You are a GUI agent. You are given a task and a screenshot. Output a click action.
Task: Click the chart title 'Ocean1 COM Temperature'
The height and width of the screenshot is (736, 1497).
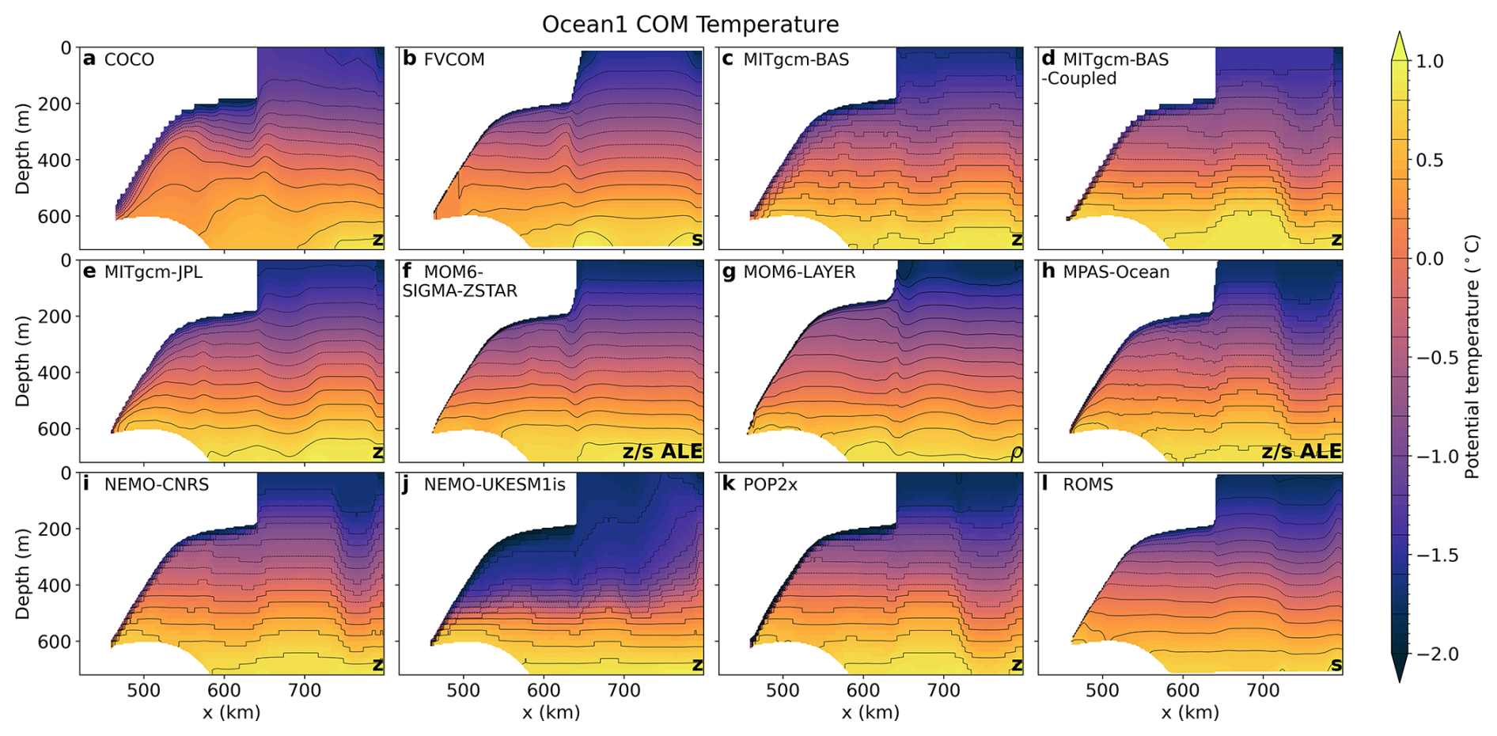690,25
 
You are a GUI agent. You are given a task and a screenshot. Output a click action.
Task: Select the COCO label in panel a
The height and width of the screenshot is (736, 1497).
129,60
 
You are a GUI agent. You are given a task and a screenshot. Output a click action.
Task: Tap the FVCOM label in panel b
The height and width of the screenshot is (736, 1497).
453,60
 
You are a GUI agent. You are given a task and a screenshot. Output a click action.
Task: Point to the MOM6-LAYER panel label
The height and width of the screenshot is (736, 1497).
799,272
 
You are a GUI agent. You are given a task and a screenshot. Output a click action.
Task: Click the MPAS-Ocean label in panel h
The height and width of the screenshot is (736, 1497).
1116,272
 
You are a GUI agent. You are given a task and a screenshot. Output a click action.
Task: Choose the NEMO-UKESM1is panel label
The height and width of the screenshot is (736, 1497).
495,484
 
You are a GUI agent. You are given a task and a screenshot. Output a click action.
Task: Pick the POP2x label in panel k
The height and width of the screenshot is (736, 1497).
770,484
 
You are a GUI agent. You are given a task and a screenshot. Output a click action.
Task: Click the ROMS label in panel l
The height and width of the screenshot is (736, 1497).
1088,484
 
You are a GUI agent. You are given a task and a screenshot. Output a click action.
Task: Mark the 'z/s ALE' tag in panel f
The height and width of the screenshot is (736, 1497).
662,452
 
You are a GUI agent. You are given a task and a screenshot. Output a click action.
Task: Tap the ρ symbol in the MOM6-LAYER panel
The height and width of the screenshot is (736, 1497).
1016,453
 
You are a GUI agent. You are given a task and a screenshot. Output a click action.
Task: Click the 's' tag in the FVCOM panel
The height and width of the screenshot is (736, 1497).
696,240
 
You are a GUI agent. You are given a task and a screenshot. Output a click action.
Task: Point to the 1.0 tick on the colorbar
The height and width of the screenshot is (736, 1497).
1429,62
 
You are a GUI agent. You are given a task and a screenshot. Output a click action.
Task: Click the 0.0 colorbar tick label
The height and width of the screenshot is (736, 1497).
1429,260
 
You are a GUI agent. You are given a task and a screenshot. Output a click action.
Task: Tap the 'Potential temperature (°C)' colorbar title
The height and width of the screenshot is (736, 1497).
1472,356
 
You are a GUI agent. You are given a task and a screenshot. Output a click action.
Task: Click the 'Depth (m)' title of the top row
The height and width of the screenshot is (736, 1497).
22,148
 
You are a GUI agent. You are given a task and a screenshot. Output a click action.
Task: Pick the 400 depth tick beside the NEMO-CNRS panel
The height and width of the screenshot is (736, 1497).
55,586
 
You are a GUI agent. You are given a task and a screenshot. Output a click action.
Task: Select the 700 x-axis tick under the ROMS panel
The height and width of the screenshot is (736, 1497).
1263,691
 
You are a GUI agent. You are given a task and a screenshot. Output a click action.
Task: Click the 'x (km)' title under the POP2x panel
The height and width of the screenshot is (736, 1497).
870,713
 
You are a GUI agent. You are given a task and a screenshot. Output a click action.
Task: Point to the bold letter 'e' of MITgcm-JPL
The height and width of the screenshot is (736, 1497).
89,272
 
